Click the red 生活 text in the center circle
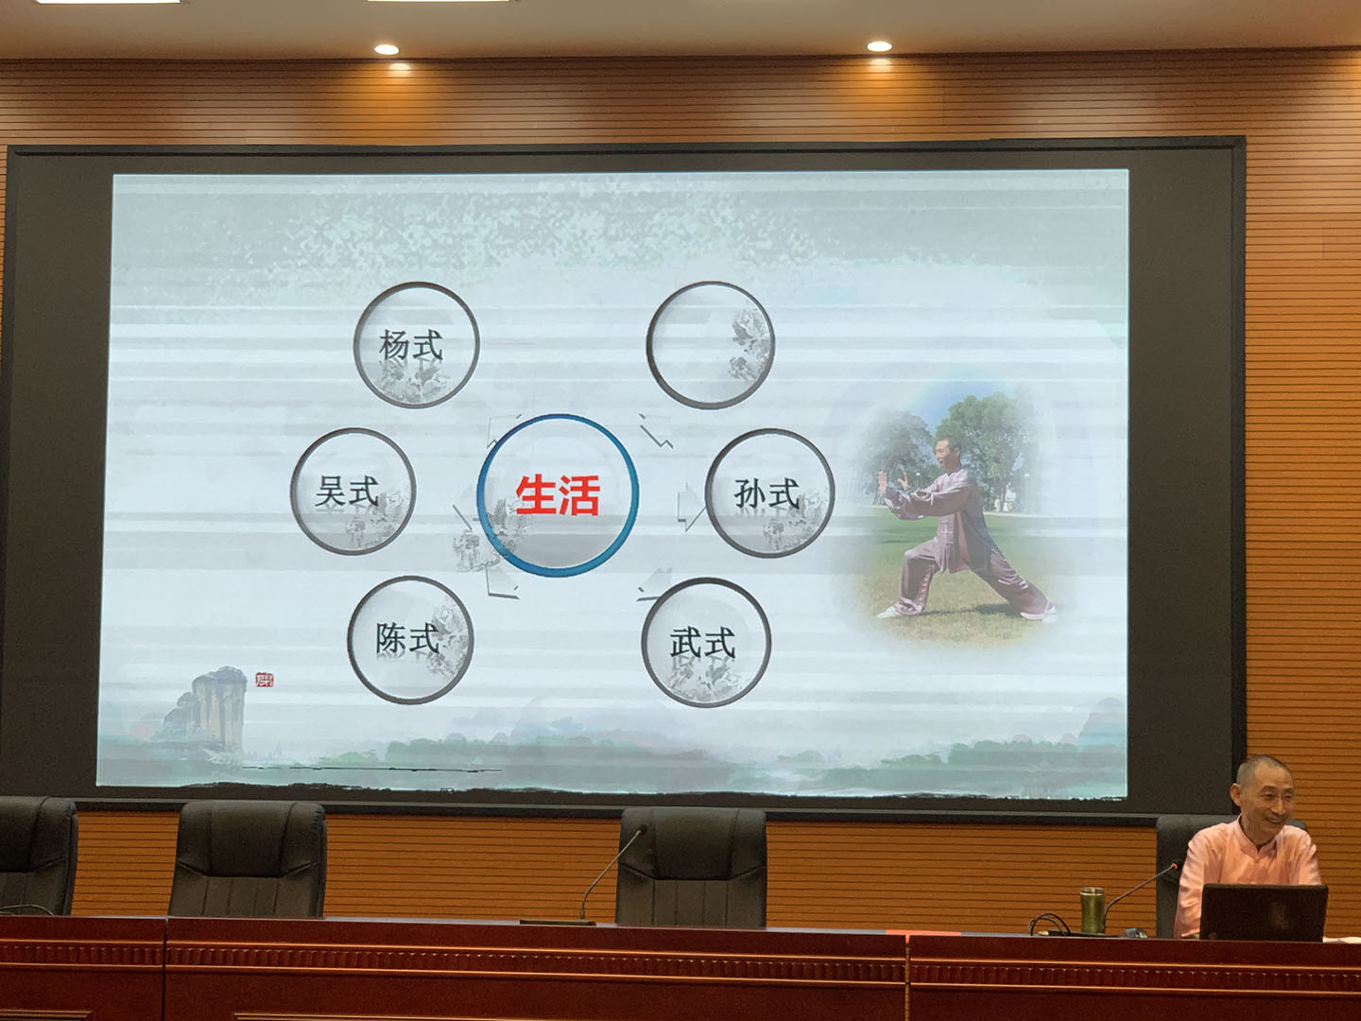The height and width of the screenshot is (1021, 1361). (x=558, y=495)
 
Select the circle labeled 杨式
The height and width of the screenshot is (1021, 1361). (x=416, y=345)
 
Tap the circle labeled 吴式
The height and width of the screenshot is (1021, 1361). (x=352, y=492)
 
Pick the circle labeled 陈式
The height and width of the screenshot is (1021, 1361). (x=410, y=640)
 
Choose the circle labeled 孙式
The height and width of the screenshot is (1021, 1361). (x=769, y=493)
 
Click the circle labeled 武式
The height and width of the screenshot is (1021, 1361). (x=705, y=643)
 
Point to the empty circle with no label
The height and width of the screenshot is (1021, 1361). (x=709, y=345)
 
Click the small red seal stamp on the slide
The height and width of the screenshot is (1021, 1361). (x=264, y=679)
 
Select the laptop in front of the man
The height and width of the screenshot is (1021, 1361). (x=1263, y=912)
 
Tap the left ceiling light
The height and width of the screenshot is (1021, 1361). (x=386, y=48)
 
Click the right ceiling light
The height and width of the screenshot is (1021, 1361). (x=879, y=45)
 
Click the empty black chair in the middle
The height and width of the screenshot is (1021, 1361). (x=693, y=865)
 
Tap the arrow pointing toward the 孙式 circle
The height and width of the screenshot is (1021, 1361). (x=691, y=508)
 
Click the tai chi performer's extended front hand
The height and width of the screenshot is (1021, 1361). (x=887, y=478)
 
